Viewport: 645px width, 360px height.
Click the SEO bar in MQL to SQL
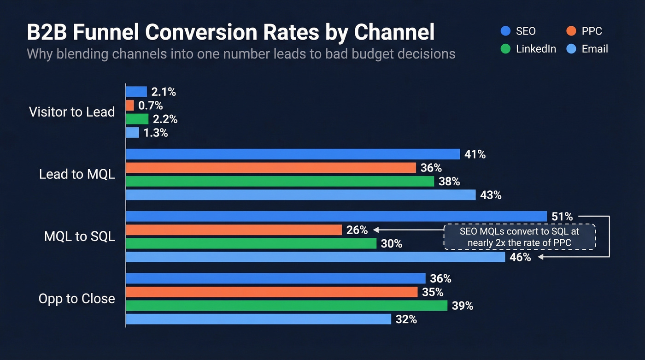(336, 216)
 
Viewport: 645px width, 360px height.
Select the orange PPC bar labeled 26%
(234, 230)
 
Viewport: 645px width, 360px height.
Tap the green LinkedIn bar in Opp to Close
(286, 305)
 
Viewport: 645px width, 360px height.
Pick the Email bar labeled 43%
(300, 195)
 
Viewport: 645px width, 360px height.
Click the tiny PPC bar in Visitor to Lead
(129, 106)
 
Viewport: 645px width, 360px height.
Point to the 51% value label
(562, 216)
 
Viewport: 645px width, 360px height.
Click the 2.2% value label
(164, 119)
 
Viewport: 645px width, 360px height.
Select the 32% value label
(406, 319)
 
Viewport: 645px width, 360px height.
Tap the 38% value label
(449, 182)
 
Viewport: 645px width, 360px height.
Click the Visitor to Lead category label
(72, 112)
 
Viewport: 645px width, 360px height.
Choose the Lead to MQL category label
(77, 174)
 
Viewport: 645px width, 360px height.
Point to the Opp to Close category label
(76, 299)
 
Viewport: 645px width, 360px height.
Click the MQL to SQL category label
(79, 236)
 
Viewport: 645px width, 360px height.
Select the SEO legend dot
(505, 31)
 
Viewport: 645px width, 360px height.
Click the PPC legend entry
(584, 31)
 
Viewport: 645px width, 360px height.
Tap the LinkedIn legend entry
(529, 49)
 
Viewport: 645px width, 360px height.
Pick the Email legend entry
(587, 49)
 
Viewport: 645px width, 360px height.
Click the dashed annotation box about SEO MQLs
(519, 236)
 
